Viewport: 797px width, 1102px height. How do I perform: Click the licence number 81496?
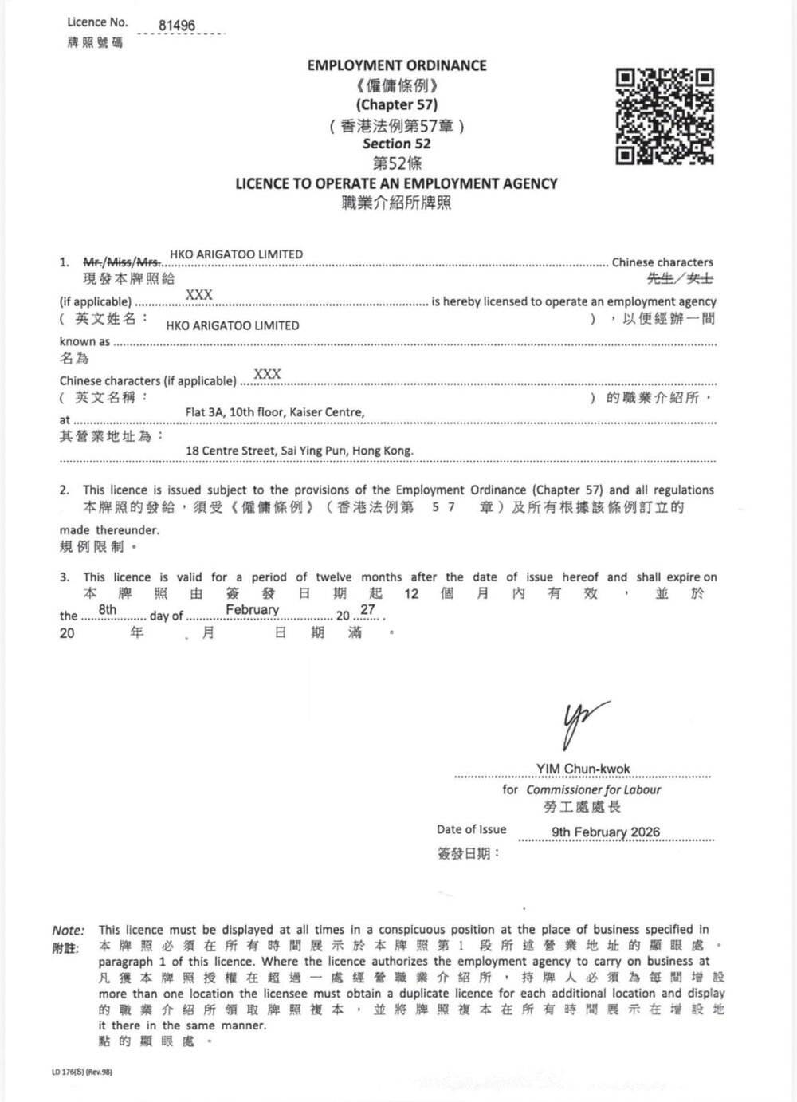coord(176,26)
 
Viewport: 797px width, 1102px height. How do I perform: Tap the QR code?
coord(665,116)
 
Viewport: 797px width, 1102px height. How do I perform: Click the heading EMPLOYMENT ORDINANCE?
coord(396,65)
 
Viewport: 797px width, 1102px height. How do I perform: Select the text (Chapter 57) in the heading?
coord(396,104)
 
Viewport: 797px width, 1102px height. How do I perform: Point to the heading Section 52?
coord(396,144)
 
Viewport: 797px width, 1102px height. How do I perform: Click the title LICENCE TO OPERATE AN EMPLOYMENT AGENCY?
coord(396,183)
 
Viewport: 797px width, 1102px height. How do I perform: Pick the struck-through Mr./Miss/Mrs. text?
coord(123,262)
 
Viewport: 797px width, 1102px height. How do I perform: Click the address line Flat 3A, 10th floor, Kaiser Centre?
coord(275,412)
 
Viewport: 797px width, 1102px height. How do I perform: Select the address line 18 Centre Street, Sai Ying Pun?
coord(299,451)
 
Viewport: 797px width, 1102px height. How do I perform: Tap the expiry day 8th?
coord(108,610)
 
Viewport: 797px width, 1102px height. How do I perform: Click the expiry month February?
coord(252,610)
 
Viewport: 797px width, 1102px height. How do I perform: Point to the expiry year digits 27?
coord(367,610)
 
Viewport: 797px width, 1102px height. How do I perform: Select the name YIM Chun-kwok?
coord(583,769)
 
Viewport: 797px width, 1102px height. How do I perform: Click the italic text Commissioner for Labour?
coord(593,789)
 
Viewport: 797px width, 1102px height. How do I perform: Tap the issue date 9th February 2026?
coord(606,832)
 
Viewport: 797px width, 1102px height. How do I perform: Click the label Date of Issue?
coord(471,829)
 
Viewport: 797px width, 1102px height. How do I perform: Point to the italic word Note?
coord(68,930)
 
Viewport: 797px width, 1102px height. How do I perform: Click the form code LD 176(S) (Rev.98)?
coord(82,1072)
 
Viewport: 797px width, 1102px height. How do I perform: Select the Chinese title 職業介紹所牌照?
coord(396,203)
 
